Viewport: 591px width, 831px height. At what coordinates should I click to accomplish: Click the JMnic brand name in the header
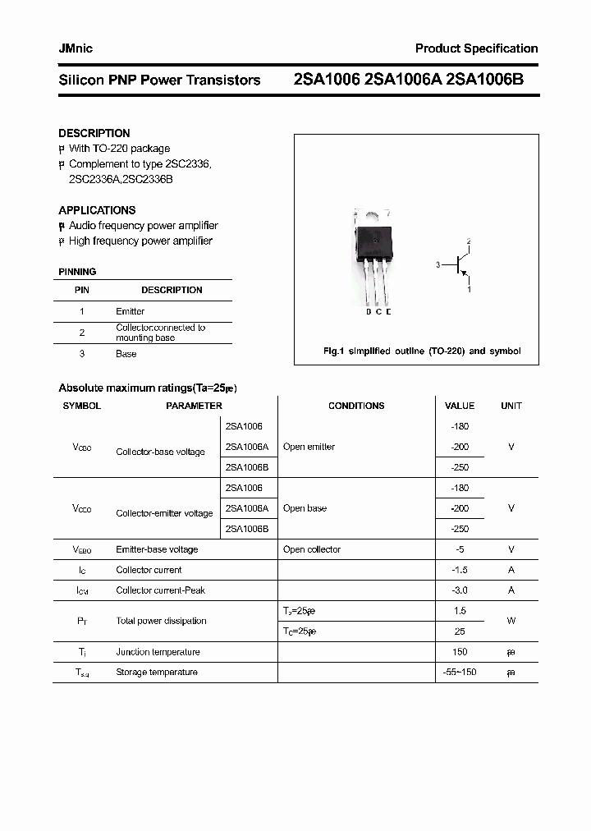[76, 48]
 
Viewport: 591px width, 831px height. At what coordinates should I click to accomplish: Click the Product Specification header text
[476, 48]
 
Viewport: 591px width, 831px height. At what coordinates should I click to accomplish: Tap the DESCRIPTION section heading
[94, 133]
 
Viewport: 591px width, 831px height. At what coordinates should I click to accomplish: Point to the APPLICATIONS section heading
[97, 210]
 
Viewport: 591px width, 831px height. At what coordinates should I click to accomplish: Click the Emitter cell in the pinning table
[130, 311]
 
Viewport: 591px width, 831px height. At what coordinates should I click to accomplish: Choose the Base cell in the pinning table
[126, 354]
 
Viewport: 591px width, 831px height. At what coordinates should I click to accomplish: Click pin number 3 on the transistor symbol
[438, 264]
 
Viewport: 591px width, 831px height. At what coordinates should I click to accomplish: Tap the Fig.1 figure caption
[422, 351]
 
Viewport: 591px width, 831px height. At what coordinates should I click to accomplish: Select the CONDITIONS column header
[356, 406]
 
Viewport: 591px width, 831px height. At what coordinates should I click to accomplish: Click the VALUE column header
[460, 406]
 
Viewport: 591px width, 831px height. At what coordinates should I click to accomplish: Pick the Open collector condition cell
[311, 549]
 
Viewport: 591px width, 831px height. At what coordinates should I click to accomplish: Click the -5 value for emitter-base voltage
[460, 549]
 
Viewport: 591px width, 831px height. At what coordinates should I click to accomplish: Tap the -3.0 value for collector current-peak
[460, 590]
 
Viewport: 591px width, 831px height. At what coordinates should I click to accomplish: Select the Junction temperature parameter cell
[158, 652]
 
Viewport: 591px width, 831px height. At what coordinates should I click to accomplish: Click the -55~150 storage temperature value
[460, 673]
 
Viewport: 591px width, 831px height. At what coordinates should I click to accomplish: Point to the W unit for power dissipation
[511, 621]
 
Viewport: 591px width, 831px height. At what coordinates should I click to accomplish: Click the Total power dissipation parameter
[161, 621]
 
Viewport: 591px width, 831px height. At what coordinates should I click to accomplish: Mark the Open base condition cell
[305, 508]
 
